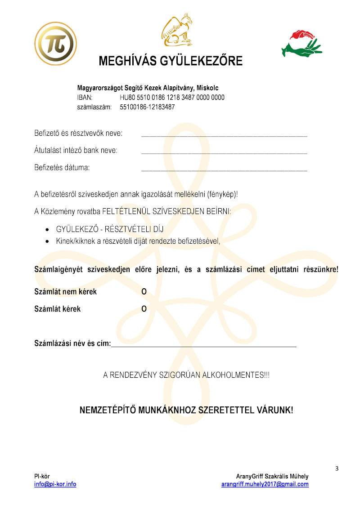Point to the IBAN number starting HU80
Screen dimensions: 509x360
point(172,98)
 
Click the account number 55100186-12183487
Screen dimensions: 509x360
point(147,107)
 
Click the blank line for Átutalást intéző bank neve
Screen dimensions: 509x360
point(224,152)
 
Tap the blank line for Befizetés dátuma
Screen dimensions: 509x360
point(224,170)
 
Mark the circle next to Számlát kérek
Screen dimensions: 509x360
point(144,309)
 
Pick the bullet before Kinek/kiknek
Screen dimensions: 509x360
point(47,241)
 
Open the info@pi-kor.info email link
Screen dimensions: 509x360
point(55,484)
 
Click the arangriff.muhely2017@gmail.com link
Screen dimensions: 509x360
point(265,484)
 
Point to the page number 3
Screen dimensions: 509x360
point(337,469)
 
